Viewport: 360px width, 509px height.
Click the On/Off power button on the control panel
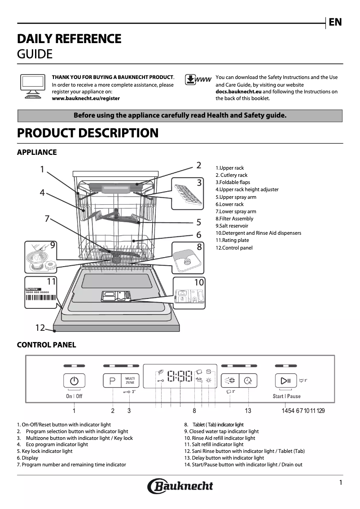(74, 381)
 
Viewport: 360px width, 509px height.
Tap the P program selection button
(112, 381)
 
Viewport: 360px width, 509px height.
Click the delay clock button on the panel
(248, 381)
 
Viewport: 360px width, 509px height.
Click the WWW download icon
(198, 80)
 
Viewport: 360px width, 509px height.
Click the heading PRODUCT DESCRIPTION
(88, 133)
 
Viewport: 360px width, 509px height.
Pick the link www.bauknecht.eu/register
(86, 98)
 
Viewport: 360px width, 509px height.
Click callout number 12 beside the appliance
(40, 328)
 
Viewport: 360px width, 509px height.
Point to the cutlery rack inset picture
(186, 194)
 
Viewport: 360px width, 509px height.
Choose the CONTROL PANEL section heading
(46, 345)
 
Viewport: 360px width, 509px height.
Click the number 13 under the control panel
(248, 411)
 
